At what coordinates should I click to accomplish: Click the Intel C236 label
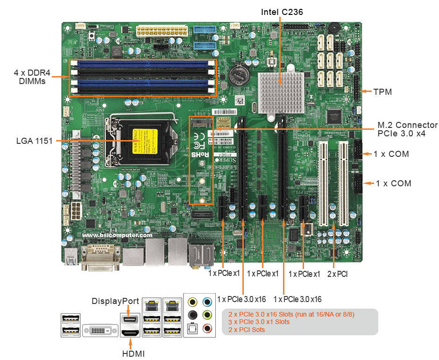pyautogui.click(x=282, y=12)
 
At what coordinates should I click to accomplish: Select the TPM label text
pyautogui.click(x=382, y=92)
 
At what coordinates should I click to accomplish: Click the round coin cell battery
pyautogui.click(x=238, y=74)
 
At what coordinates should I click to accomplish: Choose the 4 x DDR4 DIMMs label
pyautogui.click(x=32, y=77)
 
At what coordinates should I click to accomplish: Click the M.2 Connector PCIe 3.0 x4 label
pyautogui.click(x=407, y=129)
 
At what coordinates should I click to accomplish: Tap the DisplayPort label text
pyautogui.click(x=115, y=301)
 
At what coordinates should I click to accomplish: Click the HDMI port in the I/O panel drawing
pyautogui.click(x=130, y=333)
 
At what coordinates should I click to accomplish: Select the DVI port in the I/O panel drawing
pyautogui.click(x=100, y=331)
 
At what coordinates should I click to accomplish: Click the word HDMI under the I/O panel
pyautogui.click(x=134, y=354)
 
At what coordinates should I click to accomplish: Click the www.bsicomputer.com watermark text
pyautogui.click(x=117, y=235)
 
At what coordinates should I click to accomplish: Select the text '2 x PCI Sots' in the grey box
pyautogui.click(x=247, y=330)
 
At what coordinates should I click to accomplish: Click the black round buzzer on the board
pyautogui.click(x=334, y=28)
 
